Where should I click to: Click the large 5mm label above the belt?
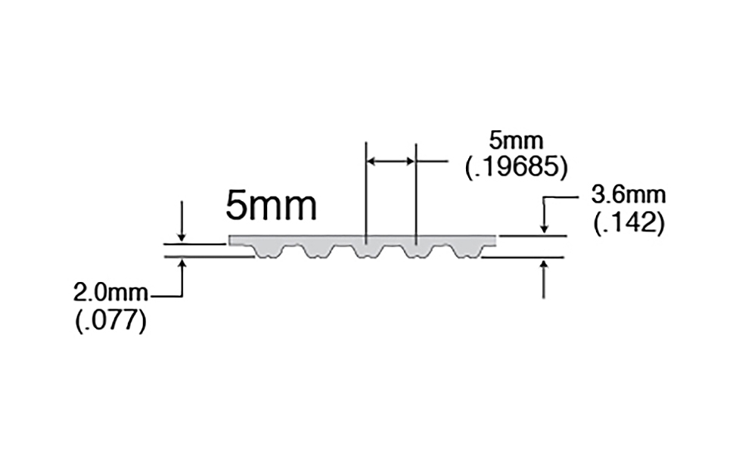pyautogui.click(x=272, y=206)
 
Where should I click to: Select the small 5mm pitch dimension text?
pyautogui.click(x=516, y=141)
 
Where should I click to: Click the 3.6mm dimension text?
pyautogui.click(x=628, y=195)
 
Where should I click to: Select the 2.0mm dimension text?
pyautogui.click(x=110, y=293)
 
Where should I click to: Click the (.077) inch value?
pyautogui.click(x=110, y=321)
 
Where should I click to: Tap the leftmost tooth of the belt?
pyautogui.click(x=268, y=252)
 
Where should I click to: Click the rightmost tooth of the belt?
pyautogui.click(x=467, y=252)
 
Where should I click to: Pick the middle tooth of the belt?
pyautogui.click(x=368, y=252)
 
